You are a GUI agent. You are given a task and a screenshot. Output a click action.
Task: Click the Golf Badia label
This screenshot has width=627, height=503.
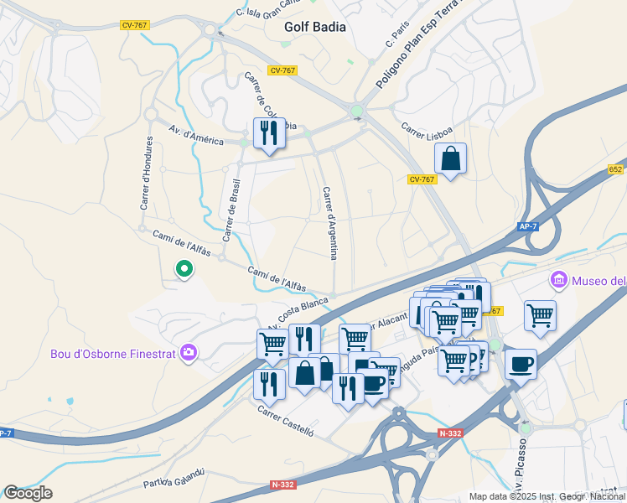click(314, 26)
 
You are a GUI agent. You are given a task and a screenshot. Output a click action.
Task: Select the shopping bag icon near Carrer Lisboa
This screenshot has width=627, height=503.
click(450, 158)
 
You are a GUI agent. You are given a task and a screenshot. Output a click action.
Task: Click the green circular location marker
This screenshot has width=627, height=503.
click(184, 269)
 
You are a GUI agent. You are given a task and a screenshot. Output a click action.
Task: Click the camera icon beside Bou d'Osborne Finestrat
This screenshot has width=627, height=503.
click(189, 353)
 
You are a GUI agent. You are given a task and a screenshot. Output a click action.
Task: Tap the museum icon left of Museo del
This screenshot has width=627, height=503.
click(558, 279)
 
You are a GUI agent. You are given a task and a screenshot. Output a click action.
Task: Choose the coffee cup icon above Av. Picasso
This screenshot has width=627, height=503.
click(521, 365)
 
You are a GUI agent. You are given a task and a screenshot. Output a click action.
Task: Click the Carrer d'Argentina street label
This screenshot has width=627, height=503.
click(329, 222)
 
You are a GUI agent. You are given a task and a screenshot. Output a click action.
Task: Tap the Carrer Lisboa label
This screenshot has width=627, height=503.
click(427, 132)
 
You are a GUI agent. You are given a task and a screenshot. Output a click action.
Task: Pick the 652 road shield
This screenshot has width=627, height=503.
click(616, 169)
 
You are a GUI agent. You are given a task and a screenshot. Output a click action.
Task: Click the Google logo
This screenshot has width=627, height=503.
click(27, 493)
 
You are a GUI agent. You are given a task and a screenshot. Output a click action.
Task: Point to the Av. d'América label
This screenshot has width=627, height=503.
click(196, 136)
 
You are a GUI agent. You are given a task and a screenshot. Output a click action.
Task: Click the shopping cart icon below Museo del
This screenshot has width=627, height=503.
click(541, 316)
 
